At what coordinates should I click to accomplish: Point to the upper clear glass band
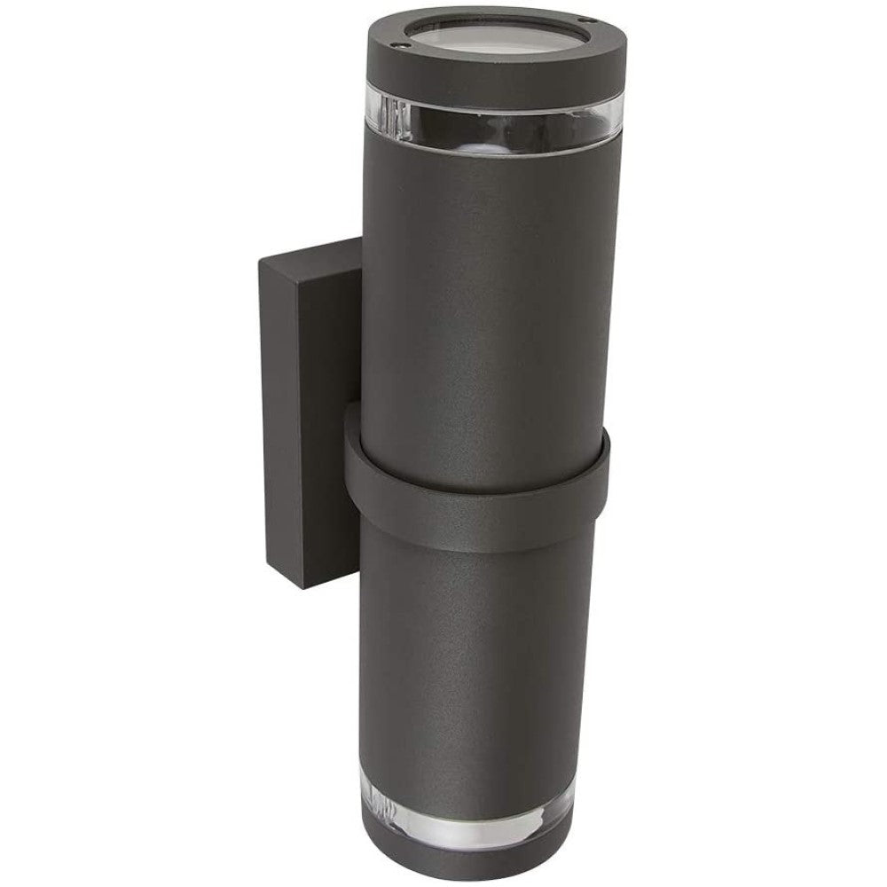[x=488, y=124]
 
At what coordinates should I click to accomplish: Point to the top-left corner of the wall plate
[x=260, y=259]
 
